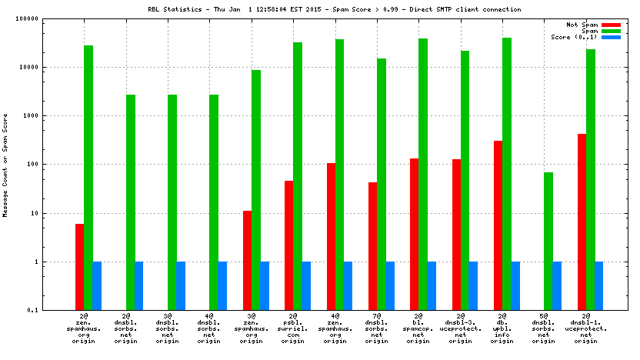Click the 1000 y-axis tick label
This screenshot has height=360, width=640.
tap(52, 116)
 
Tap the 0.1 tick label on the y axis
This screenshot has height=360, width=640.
tap(55, 311)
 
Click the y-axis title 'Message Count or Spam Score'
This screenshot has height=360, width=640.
tap(6, 165)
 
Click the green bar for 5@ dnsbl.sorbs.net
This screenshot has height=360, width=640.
tap(548, 241)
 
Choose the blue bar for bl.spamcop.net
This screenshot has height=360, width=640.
tap(432, 285)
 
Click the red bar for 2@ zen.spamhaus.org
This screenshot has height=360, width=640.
tap(79, 267)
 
